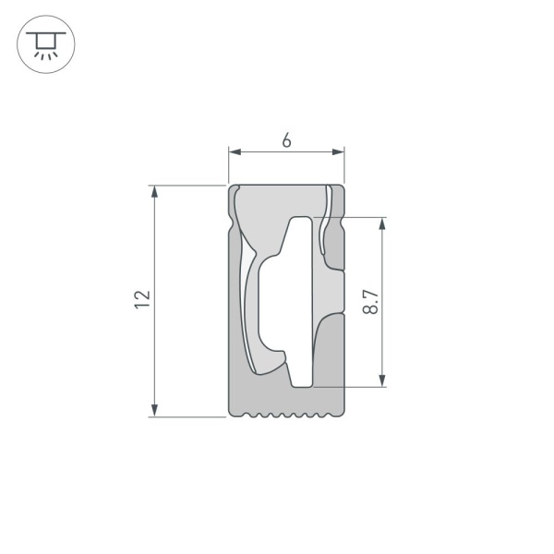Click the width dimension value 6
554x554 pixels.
(286, 140)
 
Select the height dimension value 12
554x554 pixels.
(141, 298)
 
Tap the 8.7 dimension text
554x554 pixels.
(370, 302)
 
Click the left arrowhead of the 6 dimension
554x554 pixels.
(235, 152)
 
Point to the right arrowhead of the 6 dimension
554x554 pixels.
(338, 152)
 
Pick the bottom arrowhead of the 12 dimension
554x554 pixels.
(155, 410)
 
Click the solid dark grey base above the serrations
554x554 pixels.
(286, 397)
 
